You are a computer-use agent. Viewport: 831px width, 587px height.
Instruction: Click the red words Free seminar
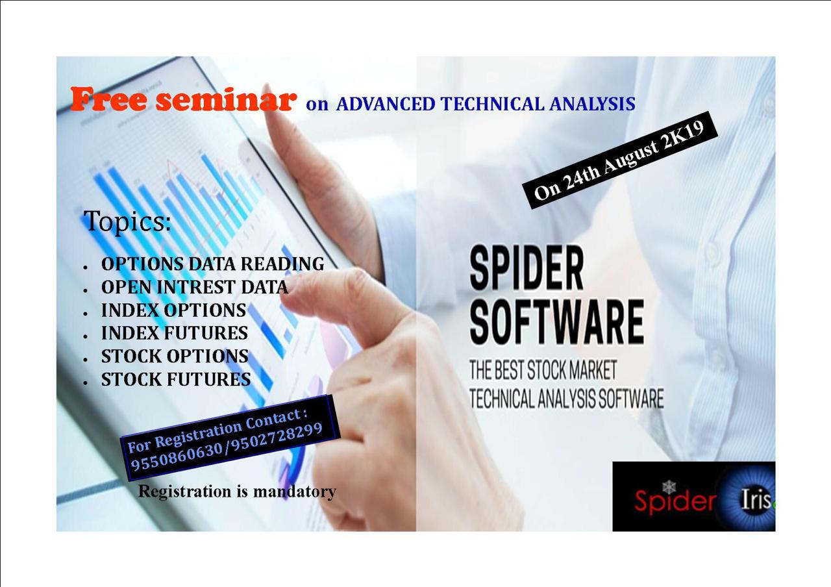tap(184, 99)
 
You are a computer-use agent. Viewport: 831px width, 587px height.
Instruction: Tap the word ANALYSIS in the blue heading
tap(593, 104)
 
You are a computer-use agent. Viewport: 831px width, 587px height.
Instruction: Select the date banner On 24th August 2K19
tap(619, 160)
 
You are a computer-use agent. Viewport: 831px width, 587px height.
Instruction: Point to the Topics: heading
tap(127, 221)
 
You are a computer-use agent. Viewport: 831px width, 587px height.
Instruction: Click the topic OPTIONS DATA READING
tap(212, 264)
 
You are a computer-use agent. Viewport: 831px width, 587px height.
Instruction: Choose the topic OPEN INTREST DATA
tap(194, 287)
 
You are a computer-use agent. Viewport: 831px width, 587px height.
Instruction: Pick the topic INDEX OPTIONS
tap(173, 310)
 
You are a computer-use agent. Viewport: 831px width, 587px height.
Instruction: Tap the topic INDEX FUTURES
tap(175, 333)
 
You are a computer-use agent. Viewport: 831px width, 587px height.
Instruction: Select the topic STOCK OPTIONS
tap(175, 356)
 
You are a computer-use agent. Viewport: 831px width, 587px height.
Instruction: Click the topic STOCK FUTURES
tap(176, 379)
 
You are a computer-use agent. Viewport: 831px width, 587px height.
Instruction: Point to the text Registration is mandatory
tap(237, 492)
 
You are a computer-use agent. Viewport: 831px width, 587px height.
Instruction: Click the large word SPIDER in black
tap(527, 267)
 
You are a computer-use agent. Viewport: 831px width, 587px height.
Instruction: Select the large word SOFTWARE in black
tap(556, 321)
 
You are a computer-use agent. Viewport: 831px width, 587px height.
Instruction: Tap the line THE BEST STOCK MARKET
tap(543, 369)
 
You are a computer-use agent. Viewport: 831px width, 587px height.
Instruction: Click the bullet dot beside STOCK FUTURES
tap(86, 382)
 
